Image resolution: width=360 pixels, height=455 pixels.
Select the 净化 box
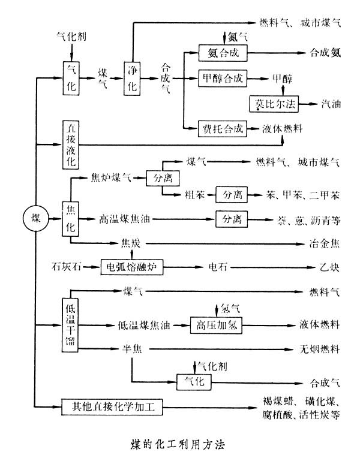tap(133, 77)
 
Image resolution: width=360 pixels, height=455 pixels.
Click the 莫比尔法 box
tap(273, 103)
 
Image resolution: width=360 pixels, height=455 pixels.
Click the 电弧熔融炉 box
tap(131, 267)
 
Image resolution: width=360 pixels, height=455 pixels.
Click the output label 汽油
tap(331, 103)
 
